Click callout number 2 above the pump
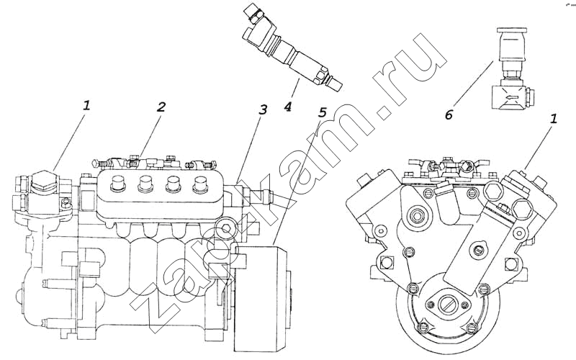[x=161, y=107]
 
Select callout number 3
[x=264, y=110]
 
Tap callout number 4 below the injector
[x=287, y=107]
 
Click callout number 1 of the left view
[x=86, y=104]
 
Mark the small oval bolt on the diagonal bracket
[x=477, y=251]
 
